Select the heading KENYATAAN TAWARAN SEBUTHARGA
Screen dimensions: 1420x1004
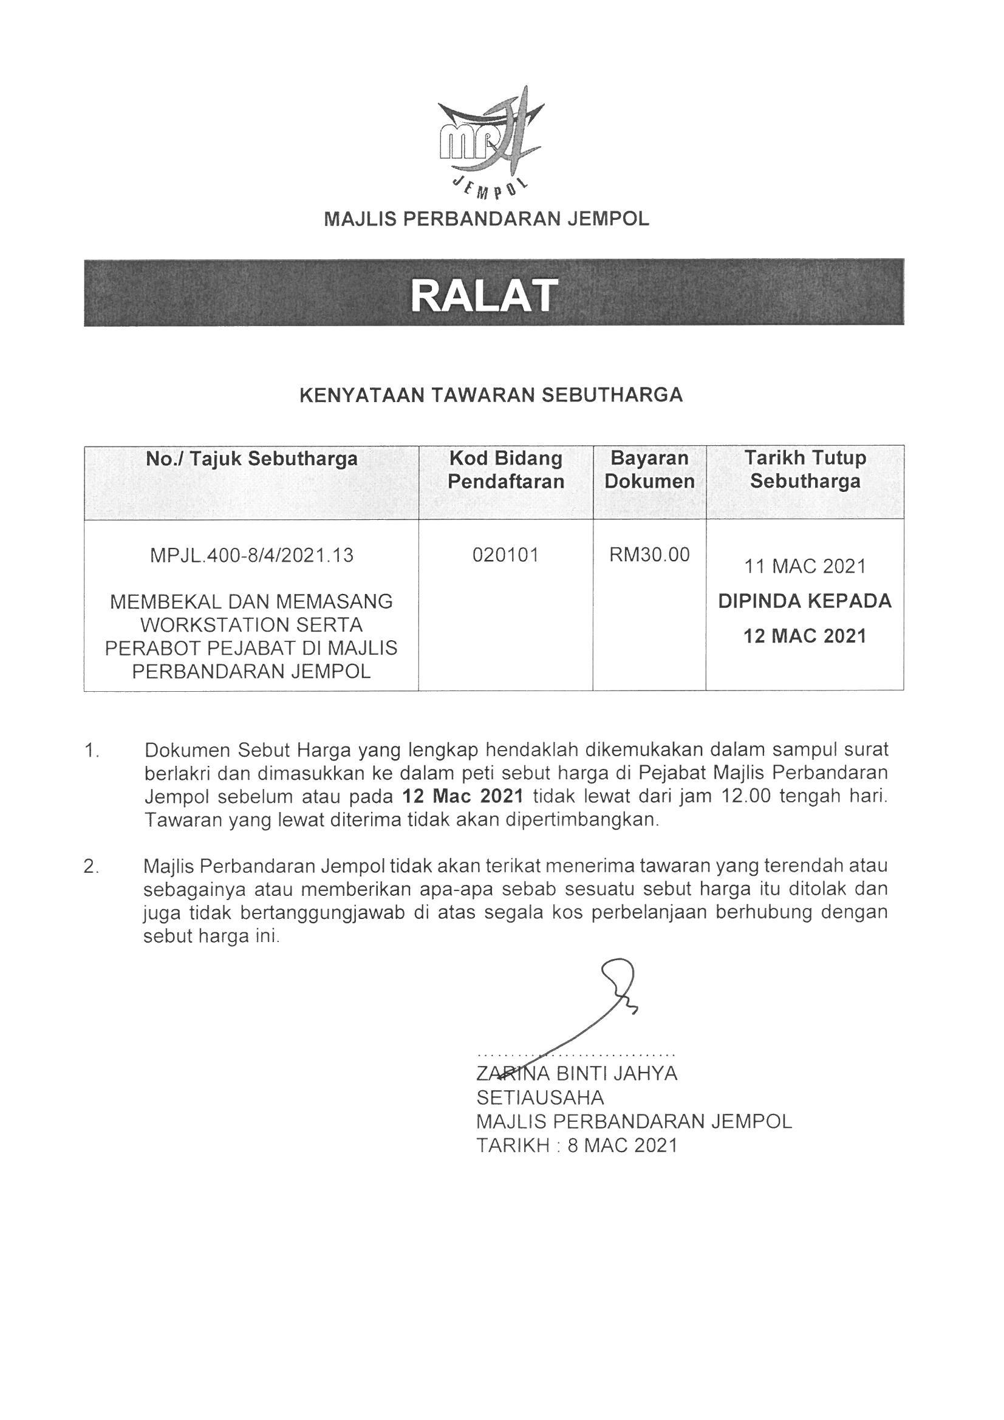(x=491, y=395)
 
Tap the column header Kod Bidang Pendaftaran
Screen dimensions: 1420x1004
(x=505, y=470)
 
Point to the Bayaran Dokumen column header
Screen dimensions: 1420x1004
(x=649, y=470)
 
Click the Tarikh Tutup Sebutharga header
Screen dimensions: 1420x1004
(x=805, y=470)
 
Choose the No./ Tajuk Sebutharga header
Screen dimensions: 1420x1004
(x=252, y=459)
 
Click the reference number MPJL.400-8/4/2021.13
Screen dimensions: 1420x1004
(x=252, y=555)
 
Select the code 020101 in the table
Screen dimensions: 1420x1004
(x=505, y=555)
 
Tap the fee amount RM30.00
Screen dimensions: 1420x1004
(x=649, y=555)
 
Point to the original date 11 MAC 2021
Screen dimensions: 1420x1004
(x=805, y=567)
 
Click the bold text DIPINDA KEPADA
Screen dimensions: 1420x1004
(x=805, y=601)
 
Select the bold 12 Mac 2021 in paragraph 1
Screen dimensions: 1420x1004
(x=462, y=796)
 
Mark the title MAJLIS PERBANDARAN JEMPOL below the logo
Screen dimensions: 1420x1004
(x=487, y=219)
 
